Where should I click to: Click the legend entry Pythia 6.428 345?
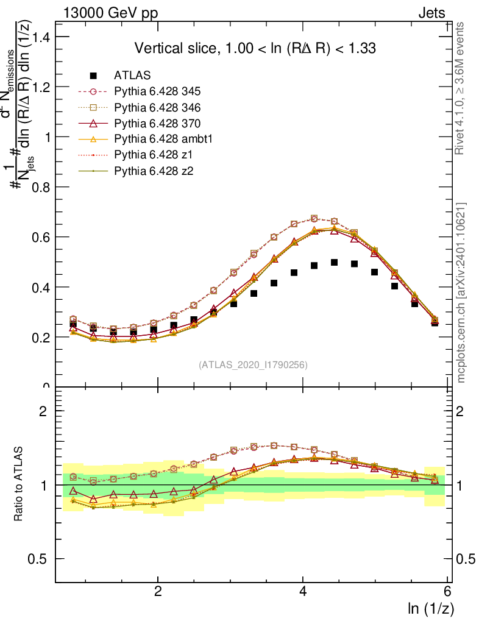[157, 91]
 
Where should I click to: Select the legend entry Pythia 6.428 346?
[157, 107]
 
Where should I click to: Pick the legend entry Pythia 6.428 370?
[157, 123]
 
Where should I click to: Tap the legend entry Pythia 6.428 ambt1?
[161, 139]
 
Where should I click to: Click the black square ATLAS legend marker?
[93, 76]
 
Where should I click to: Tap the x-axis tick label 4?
[303, 592]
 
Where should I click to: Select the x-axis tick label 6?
[448, 592]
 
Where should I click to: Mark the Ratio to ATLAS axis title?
[20, 485]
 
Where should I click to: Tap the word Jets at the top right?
[431, 13]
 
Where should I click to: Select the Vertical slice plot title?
[255, 49]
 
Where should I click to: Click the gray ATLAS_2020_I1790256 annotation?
[253, 365]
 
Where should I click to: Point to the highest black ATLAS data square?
[334, 262]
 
